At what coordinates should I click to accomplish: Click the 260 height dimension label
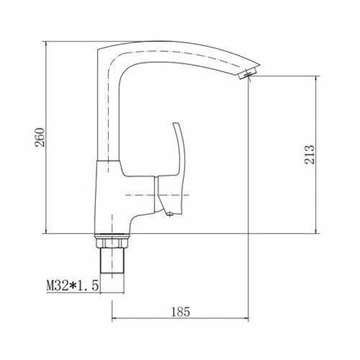click(x=40, y=138)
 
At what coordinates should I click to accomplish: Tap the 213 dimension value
click(x=310, y=155)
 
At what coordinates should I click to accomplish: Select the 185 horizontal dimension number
click(x=181, y=312)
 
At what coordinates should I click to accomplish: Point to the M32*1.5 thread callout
click(x=73, y=286)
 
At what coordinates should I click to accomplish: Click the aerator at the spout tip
click(x=247, y=73)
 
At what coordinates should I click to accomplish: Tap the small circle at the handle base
click(x=170, y=214)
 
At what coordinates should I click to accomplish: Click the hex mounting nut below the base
click(x=112, y=243)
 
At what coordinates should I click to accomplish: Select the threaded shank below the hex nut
click(x=112, y=260)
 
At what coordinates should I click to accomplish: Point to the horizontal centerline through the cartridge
click(x=157, y=195)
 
